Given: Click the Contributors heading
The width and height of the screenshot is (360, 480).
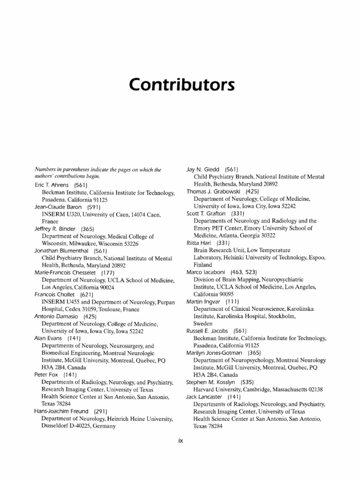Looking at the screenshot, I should click(180, 86).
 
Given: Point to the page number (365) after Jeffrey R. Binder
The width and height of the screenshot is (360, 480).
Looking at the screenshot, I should click(88, 229).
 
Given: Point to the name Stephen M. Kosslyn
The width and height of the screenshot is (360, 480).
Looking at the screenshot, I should click(210, 382).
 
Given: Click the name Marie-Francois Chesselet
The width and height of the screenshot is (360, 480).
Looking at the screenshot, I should click(66, 272).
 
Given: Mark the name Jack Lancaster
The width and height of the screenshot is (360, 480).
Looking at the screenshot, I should click(204, 397).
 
